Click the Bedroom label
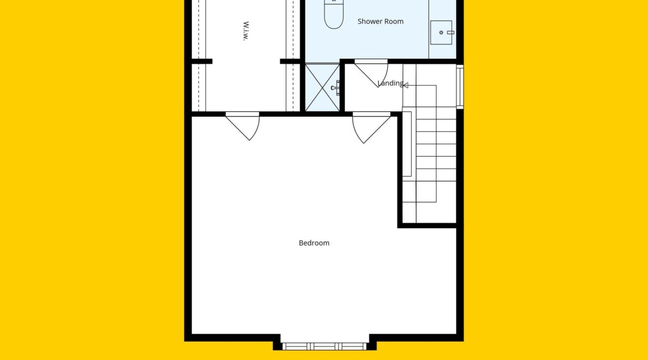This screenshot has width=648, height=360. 314,243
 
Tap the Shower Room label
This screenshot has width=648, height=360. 380,22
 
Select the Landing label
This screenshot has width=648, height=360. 390,84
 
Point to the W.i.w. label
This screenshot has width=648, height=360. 246,31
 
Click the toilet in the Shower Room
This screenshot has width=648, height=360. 334,14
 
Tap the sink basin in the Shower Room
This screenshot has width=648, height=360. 441,32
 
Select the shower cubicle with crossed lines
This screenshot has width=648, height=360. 322,87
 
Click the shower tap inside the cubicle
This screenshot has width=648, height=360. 336,88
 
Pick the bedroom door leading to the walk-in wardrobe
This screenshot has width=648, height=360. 243,126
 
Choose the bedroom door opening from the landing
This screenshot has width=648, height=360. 371,127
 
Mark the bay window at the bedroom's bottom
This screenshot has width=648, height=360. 325,346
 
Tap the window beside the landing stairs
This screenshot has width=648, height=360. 460,87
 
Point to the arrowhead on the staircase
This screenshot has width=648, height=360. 405,85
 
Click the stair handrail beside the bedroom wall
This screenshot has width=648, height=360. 407,144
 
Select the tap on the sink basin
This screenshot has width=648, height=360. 450,32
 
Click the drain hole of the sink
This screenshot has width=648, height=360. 441,32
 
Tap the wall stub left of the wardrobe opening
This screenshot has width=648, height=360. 202,61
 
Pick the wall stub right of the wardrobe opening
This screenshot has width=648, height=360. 290,61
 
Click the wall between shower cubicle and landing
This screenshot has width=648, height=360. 342,85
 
